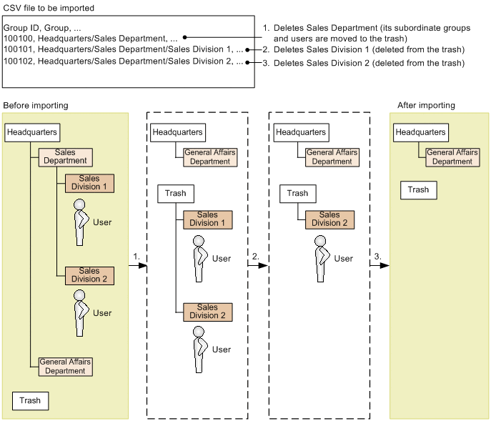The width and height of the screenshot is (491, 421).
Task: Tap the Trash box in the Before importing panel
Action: [30, 401]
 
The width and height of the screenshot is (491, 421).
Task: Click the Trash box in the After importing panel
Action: [418, 190]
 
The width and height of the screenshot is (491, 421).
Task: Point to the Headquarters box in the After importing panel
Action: [421, 132]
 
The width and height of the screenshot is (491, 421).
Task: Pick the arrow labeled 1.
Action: [139, 265]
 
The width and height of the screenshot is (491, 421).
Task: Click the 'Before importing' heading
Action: [36, 106]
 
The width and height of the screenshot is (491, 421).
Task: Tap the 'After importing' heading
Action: [426, 106]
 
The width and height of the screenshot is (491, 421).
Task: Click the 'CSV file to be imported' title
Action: [49, 8]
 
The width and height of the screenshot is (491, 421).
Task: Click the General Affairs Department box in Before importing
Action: [65, 367]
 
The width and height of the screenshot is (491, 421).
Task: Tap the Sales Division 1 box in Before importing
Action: [89, 183]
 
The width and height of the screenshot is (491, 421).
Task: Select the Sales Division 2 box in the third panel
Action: [329, 219]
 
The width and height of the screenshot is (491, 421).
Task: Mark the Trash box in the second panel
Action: [175, 193]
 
